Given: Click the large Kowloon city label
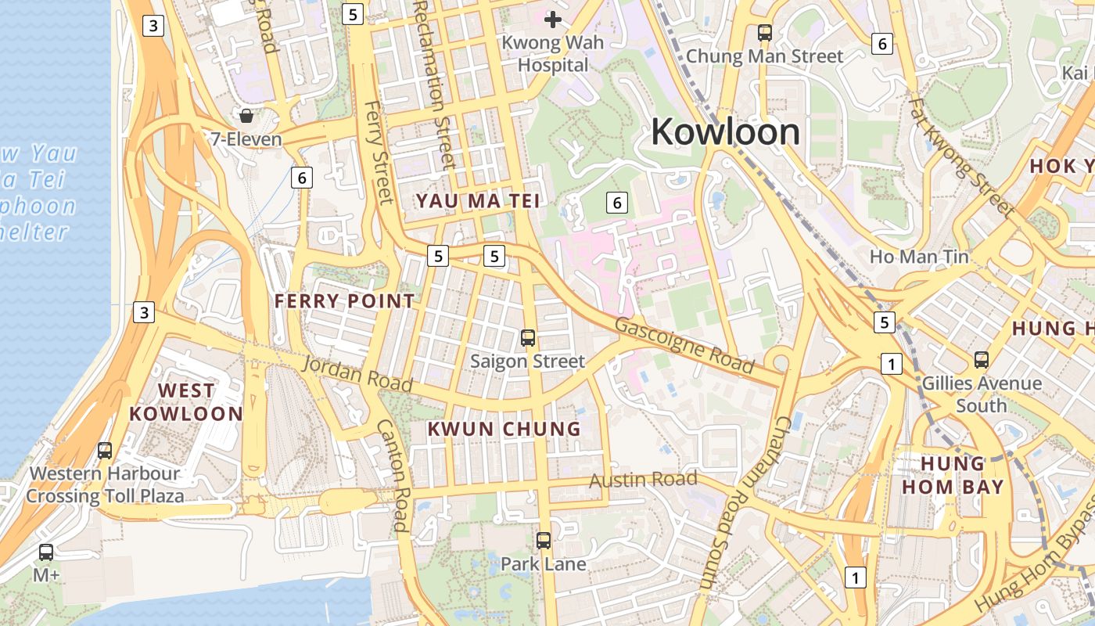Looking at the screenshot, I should [725, 131].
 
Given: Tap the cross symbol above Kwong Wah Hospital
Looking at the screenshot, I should [554, 19].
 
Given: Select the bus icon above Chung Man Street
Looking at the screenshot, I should [765, 33].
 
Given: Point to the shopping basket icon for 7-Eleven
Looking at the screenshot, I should [246, 117].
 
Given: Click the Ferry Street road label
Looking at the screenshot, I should [379, 152].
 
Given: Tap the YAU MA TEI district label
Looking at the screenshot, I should [478, 201].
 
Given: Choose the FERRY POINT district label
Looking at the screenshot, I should [344, 301].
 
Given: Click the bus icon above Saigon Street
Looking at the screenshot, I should [528, 338].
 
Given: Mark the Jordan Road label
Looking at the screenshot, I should [357, 373].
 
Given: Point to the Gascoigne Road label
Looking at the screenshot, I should [684, 345].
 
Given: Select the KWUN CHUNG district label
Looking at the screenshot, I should [504, 429].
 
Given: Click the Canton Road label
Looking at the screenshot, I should [393, 476].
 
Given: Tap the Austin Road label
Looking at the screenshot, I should [643, 479].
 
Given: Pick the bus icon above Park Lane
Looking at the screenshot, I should [544, 540].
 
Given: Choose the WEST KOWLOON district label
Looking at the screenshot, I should [185, 402].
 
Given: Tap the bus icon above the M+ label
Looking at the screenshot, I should [46, 552].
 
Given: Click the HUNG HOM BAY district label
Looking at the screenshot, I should [951, 474].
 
